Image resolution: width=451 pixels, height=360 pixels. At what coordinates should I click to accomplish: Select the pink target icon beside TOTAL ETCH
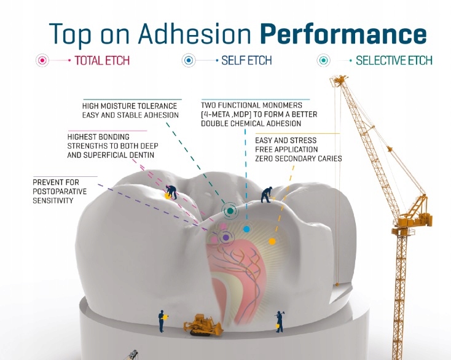pos(42,61)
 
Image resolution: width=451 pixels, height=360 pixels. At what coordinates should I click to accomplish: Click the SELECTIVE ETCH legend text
pos(394,61)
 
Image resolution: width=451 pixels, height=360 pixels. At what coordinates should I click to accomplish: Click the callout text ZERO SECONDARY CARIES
pos(298,158)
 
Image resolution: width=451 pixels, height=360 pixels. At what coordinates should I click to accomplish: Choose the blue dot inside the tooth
pos(246,229)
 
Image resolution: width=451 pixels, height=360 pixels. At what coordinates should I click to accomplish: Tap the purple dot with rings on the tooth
pos(225,237)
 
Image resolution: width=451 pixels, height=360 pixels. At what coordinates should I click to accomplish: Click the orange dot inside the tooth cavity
pos(272,241)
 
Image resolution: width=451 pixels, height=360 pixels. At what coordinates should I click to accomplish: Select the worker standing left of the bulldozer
pos(162,319)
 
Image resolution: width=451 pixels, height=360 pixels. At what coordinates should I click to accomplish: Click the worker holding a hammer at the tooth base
pos(280,319)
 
